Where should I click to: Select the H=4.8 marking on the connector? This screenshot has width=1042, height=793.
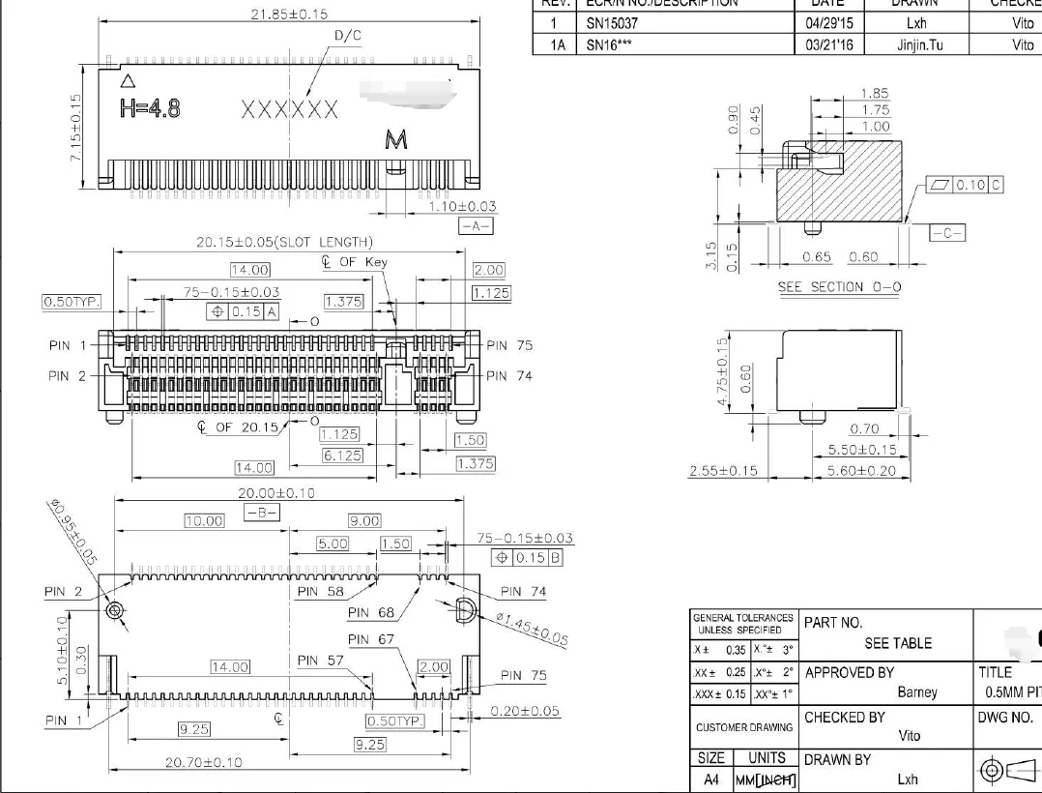click(x=150, y=107)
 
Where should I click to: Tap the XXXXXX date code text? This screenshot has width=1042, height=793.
click(x=289, y=109)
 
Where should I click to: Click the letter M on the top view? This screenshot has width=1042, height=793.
click(x=396, y=141)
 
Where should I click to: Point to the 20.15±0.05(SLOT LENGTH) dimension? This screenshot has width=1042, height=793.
click(x=285, y=242)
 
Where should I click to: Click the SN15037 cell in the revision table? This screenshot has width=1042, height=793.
click(x=612, y=22)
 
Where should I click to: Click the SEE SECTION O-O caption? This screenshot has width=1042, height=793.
click(x=839, y=287)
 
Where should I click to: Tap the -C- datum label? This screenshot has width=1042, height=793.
click(x=948, y=233)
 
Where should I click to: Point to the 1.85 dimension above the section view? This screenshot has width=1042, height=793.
click(x=874, y=94)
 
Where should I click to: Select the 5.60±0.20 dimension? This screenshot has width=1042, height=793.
click(x=862, y=471)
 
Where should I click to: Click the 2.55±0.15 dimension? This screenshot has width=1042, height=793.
click(x=723, y=471)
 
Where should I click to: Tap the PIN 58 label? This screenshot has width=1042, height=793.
click(x=321, y=591)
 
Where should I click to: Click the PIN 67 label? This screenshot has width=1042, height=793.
click(x=372, y=639)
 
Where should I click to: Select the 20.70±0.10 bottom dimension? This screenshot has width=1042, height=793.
click(x=205, y=763)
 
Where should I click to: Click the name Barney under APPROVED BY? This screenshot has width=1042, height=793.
click(x=917, y=692)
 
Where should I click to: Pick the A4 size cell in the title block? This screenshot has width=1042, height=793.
click(x=711, y=778)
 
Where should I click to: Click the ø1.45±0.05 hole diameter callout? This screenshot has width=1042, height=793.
click(x=531, y=630)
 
